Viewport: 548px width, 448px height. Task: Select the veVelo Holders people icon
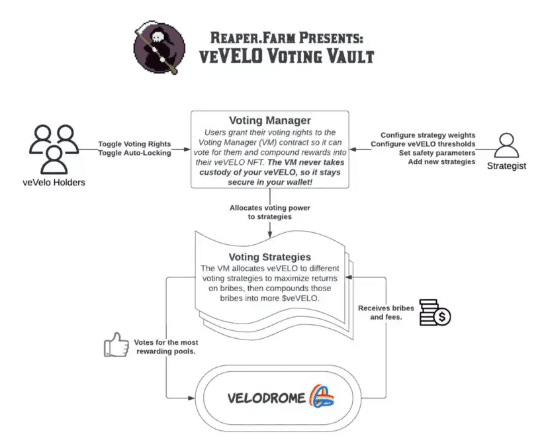tap(52, 149)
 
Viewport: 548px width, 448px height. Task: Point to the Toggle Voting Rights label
tap(134, 144)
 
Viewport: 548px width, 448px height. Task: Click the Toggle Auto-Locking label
tap(134, 153)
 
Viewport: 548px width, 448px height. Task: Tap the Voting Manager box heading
tap(269, 121)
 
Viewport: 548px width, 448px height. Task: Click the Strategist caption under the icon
tap(506, 166)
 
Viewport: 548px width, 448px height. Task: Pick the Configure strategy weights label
tap(428, 135)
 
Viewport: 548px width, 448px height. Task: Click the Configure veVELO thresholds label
tap(423, 144)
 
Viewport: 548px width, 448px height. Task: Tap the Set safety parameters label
tap(437, 153)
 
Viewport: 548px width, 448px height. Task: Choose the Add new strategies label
tap(441, 162)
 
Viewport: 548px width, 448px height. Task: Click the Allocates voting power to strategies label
tap(269, 212)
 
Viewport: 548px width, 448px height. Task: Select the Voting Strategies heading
tap(269, 257)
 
